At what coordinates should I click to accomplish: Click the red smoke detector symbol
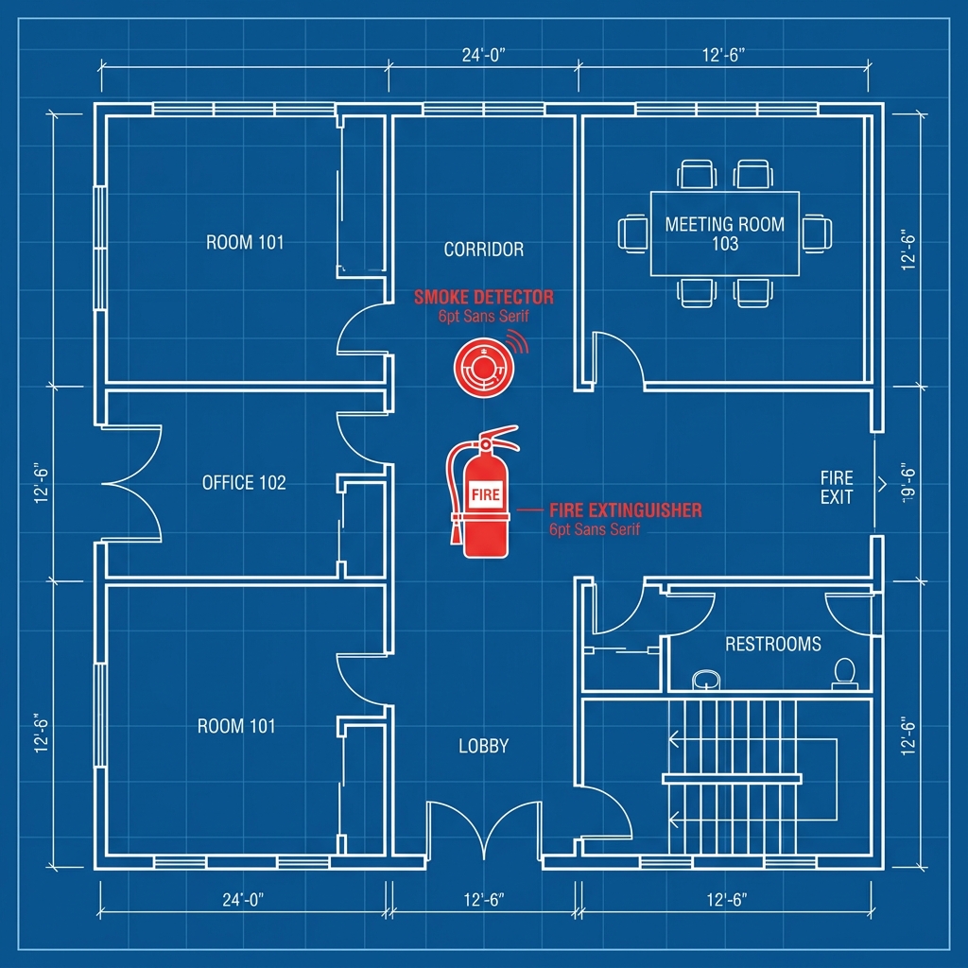coord(484,369)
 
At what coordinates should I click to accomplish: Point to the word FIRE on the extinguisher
coord(485,495)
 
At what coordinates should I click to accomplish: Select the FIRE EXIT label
coord(837,487)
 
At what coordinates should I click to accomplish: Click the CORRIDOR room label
coord(483,250)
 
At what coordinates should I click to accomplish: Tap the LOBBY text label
coord(483,747)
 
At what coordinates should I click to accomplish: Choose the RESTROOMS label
coord(773,645)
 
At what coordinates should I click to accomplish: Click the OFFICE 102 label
coord(244,483)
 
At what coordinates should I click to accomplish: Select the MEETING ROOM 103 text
coord(725,234)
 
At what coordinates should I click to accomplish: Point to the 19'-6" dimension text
coord(908,483)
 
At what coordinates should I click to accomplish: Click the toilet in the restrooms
coord(844,673)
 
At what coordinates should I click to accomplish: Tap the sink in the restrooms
coord(706,681)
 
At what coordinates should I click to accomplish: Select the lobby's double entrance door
coord(483,827)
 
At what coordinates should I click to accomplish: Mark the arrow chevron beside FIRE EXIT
coord(882,484)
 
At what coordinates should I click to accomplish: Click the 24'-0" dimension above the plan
coord(483,56)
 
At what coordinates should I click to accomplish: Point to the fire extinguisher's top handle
coord(499,432)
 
